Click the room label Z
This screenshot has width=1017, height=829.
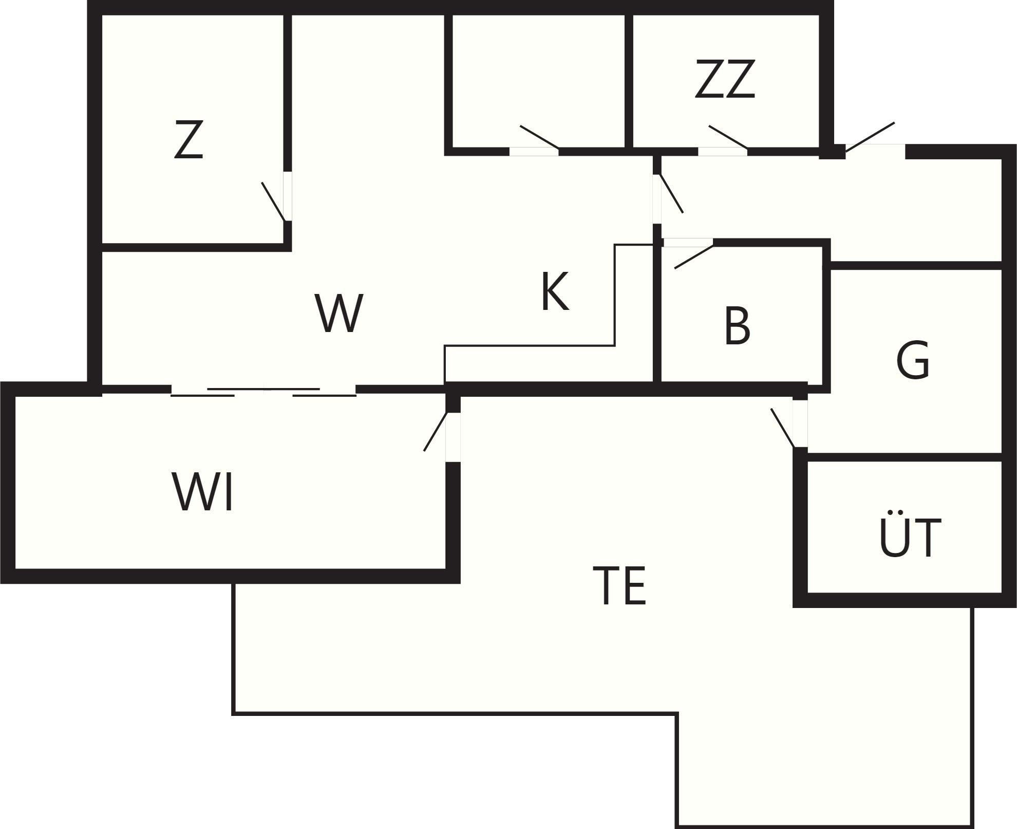(189, 139)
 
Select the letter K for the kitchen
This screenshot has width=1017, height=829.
(555, 291)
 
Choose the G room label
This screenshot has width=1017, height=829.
(913, 360)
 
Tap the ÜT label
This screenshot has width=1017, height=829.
(910, 534)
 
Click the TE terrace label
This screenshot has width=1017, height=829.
(619, 585)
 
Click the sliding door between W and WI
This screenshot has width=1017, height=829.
(263, 392)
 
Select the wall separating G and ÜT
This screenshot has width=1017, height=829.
(905, 457)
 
